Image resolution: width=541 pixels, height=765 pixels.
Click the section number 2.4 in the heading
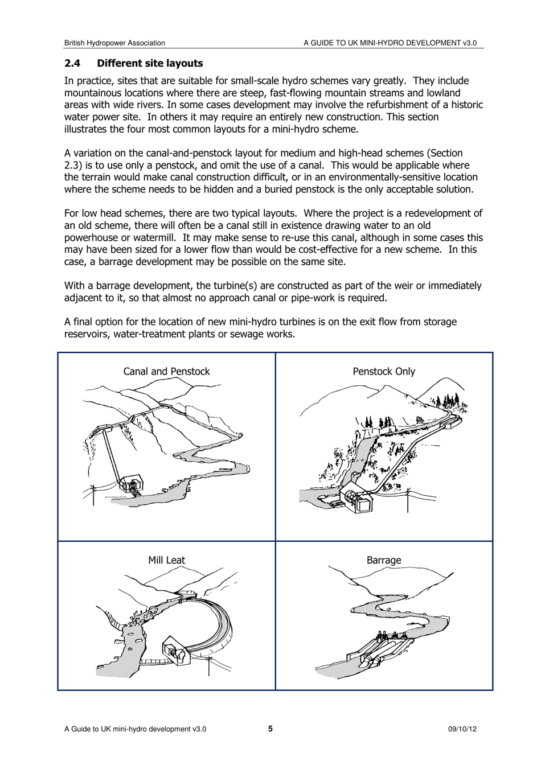click(x=72, y=63)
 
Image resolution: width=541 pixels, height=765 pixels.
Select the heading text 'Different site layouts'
click(x=150, y=63)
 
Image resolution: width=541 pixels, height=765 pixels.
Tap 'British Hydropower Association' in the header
click(x=114, y=43)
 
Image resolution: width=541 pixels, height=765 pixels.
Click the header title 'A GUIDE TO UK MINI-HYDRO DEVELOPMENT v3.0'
click(x=390, y=43)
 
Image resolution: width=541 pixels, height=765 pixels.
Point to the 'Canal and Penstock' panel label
click(x=166, y=371)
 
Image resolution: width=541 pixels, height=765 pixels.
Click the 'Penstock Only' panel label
click(x=384, y=371)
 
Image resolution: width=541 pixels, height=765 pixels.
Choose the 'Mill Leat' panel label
click(x=166, y=560)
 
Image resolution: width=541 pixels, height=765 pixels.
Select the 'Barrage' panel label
click(x=384, y=560)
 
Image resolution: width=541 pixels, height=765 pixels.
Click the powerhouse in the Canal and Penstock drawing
click(x=132, y=484)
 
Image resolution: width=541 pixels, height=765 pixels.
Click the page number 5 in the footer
click(x=270, y=729)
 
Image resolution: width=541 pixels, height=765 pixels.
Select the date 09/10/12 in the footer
click(x=462, y=729)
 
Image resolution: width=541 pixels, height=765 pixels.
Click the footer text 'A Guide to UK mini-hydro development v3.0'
click(x=135, y=729)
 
